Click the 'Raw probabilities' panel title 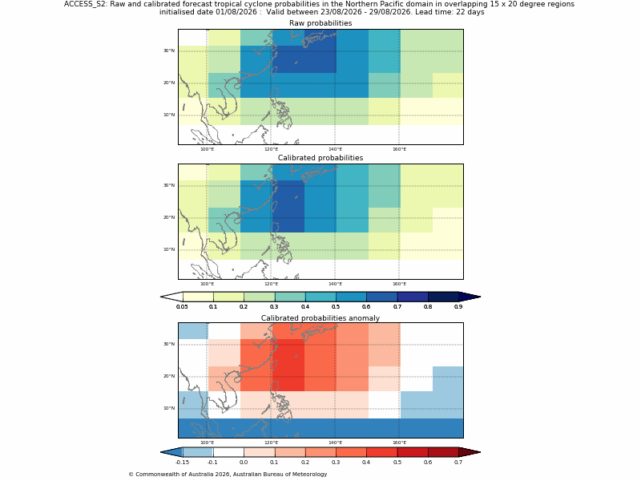[x=320, y=23]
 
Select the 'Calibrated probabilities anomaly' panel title [x=320, y=318]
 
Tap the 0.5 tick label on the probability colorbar [x=336, y=307]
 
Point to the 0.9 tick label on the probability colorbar [x=458, y=307]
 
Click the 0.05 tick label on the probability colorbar [x=182, y=307]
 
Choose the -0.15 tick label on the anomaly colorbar [x=182, y=463]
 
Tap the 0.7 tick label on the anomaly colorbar [x=458, y=463]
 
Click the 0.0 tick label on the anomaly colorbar [x=244, y=463]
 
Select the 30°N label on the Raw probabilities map [x=169, y=51]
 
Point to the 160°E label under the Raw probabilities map [x=399, y=149]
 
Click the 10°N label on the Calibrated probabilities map [x=169, y=249]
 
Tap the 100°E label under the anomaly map [x=208, y=443]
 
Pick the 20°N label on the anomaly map [x=169, y=376]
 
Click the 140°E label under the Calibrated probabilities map [x=335, y=285]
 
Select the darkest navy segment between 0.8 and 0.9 [x=443, y=297]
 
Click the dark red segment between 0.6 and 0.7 [x=443, y=452]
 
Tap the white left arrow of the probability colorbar [x=171, y=297]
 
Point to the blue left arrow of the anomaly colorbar [x=171, y=452]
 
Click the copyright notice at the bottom [x=228, y=475]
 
